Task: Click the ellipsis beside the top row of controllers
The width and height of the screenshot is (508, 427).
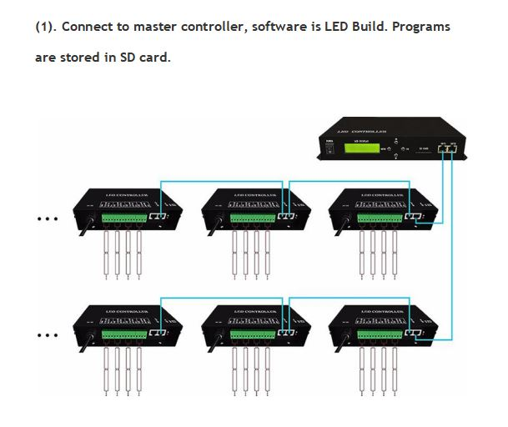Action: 48,219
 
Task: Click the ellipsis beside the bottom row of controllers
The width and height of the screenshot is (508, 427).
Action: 48,336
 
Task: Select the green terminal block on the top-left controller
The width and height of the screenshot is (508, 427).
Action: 123,219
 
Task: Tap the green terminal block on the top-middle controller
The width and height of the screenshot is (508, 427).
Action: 251,219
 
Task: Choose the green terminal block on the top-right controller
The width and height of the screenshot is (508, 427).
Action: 378,219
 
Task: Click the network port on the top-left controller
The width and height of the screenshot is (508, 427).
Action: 158,218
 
